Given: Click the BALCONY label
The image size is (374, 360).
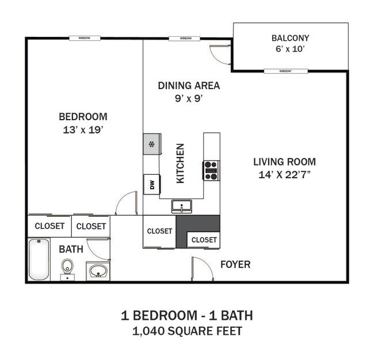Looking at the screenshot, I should pyautogui.click(x=290, y=39).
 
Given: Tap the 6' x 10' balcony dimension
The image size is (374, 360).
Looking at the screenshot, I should pyautogui.click(x=290, y=49).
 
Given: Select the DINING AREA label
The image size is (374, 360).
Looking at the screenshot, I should pyautogui.click(x=189, y=86).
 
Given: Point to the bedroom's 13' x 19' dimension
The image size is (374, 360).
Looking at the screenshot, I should pyautogui.click(x=83, y=129).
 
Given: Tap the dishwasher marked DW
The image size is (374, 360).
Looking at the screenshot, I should pyautogui.click(x=152, y=185).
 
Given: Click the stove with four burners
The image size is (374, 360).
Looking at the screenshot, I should pyautogui.click(x=211, y=171).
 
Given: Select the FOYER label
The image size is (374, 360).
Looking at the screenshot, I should pyautogui.click(x=235, y=265).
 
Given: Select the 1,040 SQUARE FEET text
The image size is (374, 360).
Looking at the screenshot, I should pyautogui.click(x=186, y=331).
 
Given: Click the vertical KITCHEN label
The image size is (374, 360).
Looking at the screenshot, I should pyautogui.click(x=180, y=163).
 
